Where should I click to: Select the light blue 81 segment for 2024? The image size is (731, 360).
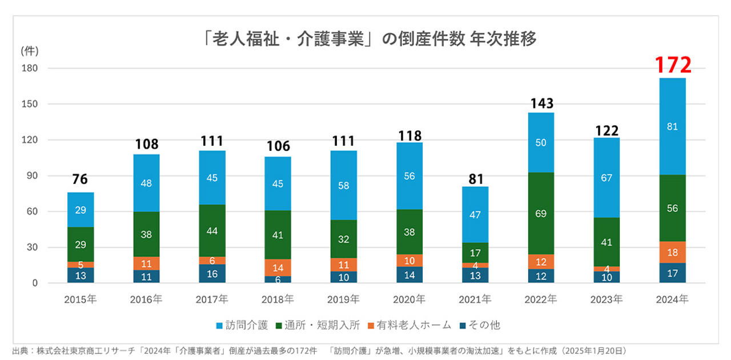(x=672, y=127)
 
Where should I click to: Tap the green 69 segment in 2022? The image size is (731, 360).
(x=541, y=214)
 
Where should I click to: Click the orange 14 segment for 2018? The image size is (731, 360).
(x=278, y=267)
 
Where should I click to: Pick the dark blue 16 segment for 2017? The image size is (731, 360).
(x=212, y=274)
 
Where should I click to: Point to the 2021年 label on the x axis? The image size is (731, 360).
(x=475, y=299)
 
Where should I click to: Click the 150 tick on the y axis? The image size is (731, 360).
(x=30, y=104)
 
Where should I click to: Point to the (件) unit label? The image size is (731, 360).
(x=29, y=51)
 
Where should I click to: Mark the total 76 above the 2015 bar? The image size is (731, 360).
(x=81, y=180)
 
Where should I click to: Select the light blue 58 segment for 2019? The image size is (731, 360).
(x=344, y=185)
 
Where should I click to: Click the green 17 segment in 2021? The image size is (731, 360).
(x=475, y=253)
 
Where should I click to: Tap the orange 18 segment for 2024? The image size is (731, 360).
(x=672, y=253)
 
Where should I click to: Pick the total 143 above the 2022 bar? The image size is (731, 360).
(x=541, y=103)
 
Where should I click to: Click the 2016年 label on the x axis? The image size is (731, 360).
(x=146, y=299)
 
